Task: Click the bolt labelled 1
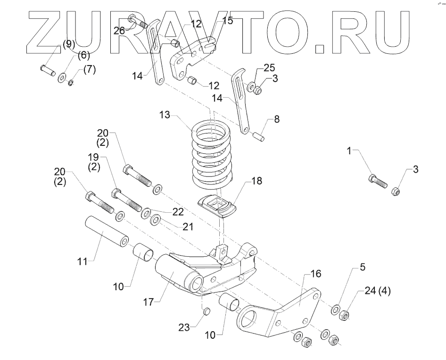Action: (377, 181)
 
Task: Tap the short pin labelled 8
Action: (259, 136)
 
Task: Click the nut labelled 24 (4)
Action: (344, 314)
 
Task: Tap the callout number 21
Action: (188, 227)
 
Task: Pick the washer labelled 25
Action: (253, 87)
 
